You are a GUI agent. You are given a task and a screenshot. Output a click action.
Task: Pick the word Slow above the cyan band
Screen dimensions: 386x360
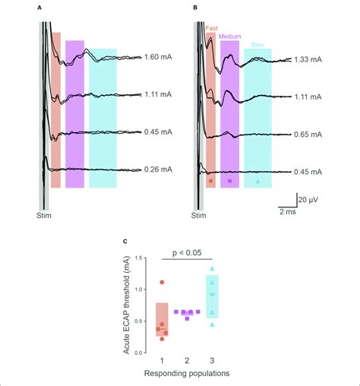coord(258,46)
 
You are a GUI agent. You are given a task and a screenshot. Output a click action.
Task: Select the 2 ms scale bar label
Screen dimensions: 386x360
coord(286,213)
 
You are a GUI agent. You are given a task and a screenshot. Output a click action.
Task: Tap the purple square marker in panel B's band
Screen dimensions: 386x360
coord(230,182)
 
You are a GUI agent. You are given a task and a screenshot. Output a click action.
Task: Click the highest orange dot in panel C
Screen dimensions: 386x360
coord(162,283)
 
